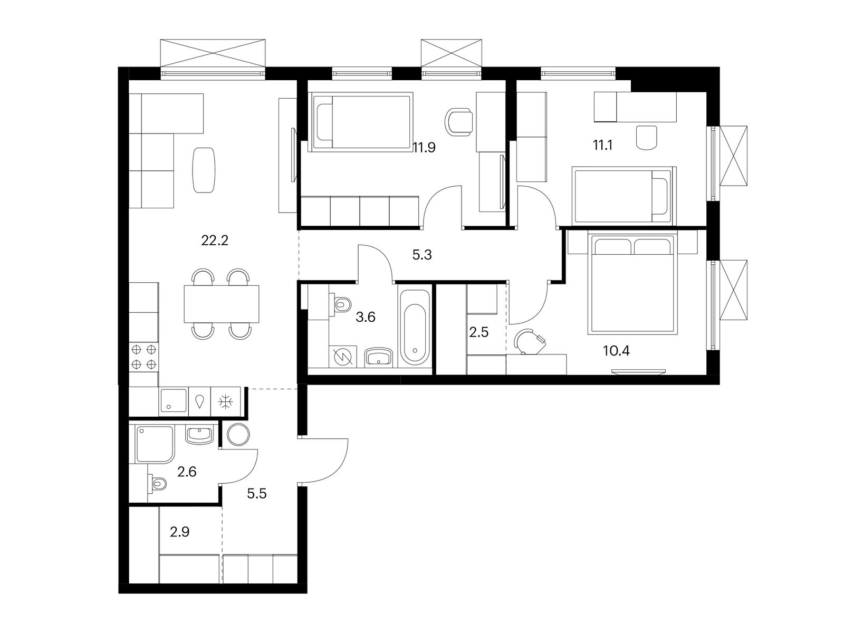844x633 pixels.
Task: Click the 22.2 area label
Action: pyautogui.click(x=215, y=241)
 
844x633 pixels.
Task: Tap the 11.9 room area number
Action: pyautogui.click(x=424, y=147)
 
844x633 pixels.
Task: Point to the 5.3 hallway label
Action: pyautogui.click(x=422, y=254)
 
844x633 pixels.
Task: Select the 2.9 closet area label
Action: pyautogui.click(x=179, y=532)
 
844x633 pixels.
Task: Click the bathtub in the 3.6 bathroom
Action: pyautogui.click(x=415, y=328)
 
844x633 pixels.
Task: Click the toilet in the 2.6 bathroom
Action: pyautogui.click(x=157, y=483)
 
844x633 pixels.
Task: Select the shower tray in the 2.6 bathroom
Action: pyautogui.click(x=155, y=444)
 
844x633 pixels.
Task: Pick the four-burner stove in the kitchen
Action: pyautogui.click(x=144, y=356)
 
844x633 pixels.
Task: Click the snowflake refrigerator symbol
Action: pyautogui.click(x=226, y=401)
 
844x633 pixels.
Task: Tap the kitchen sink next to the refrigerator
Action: pyautogui.click(x=173, y=401)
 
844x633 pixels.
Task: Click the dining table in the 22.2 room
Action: pyautogui.click(x=222, y=304)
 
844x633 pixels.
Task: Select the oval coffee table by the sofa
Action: pyautogui.click(x=204, y=170)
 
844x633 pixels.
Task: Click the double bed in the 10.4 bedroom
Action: pyautogui.click(x=632, y=284)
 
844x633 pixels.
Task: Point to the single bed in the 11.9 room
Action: pyautogui.click(x=362, y=122)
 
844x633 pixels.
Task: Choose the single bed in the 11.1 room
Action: pyautogui.click(x=624, y=195)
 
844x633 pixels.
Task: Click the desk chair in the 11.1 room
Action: pyautogui.click(x=646, y=137)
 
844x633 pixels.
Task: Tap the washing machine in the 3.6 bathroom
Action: pyautogui.click(x=343, y=356)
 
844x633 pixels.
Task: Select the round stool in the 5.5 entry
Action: pyautogui.click(x=238, y=435)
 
